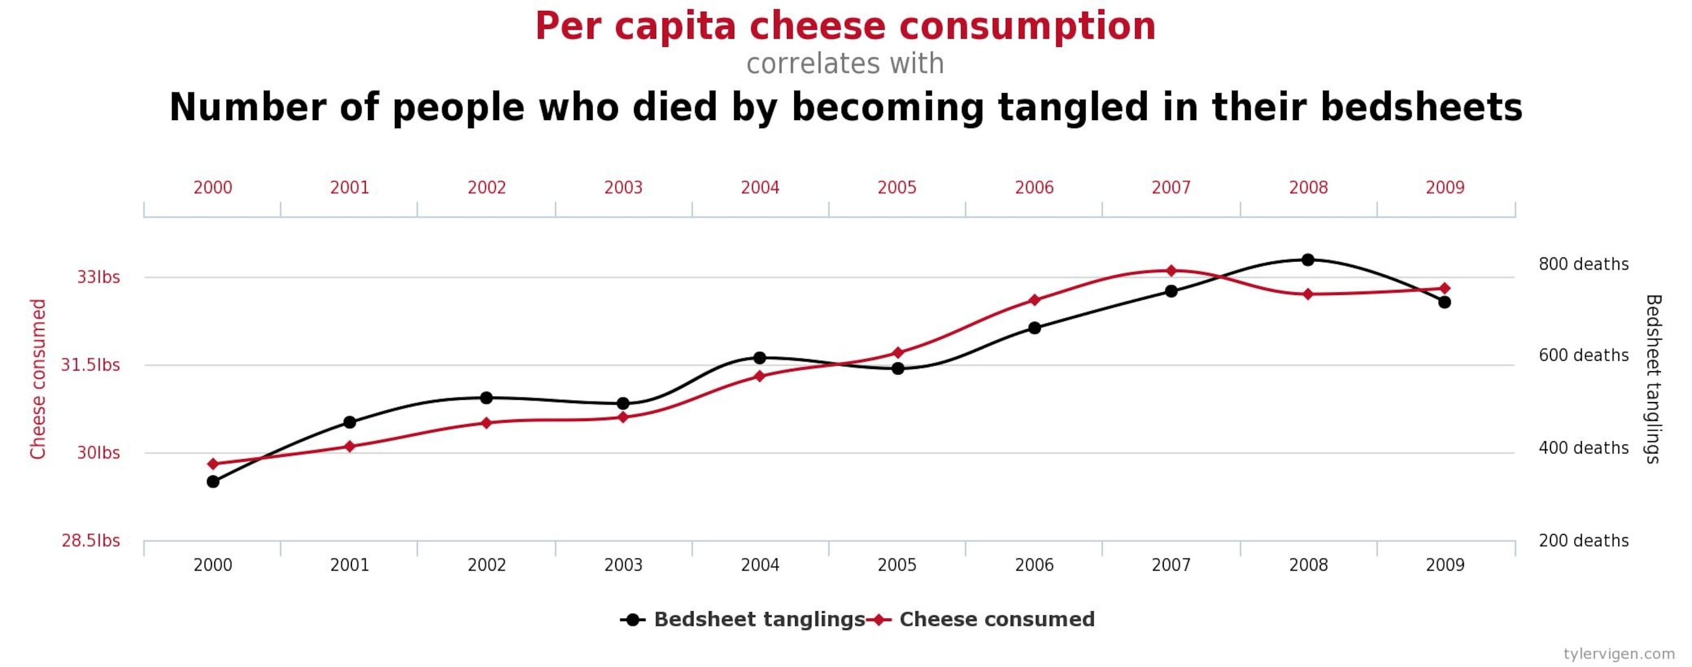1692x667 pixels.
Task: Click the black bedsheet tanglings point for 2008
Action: pyautogui.click(x=1308, y=259)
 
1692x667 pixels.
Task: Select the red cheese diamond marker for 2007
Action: pyautogui.click(x=1171, y=270)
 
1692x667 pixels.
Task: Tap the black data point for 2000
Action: pyautogui.click(x=213, y=482)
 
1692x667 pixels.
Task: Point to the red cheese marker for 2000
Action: pyautogui.click(x=213, y=464)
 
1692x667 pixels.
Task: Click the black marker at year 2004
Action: pyautogui.click(x=760, y=357)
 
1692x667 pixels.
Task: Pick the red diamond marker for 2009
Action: pyautogui.click(x=1444, y=288)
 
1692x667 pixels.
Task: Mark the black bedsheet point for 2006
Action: pyautogui.click(x=1034, y=327)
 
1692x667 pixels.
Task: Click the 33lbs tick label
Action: pyautogui.click(x=99, y=277)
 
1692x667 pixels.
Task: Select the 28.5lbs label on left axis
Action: pyautogui.click(x=91, y=541)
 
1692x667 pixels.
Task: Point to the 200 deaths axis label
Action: pyautogui.click(x=1583, y=541)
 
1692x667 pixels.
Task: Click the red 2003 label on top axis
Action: pyautogui.click(x=623, y=188)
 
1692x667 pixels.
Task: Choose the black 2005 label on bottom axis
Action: pyautogui.click(x=897, y=565)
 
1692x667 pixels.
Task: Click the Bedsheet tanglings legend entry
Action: pyautogui.click(x=758, y=620)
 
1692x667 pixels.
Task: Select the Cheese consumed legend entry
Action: pyautogui.click(x=996, y=620)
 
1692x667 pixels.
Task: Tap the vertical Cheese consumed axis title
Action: pyautogui.click(x=38, y=378)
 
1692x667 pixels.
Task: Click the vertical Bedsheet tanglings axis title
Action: pyautogui.click(x=1652, y=378)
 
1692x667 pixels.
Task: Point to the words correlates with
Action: pyautogui.click(x=845, y=64)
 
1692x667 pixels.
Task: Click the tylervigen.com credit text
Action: pyautogui.click(x=1618, y=654)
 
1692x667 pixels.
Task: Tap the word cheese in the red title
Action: pyautogui.click(x=817, y=27)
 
